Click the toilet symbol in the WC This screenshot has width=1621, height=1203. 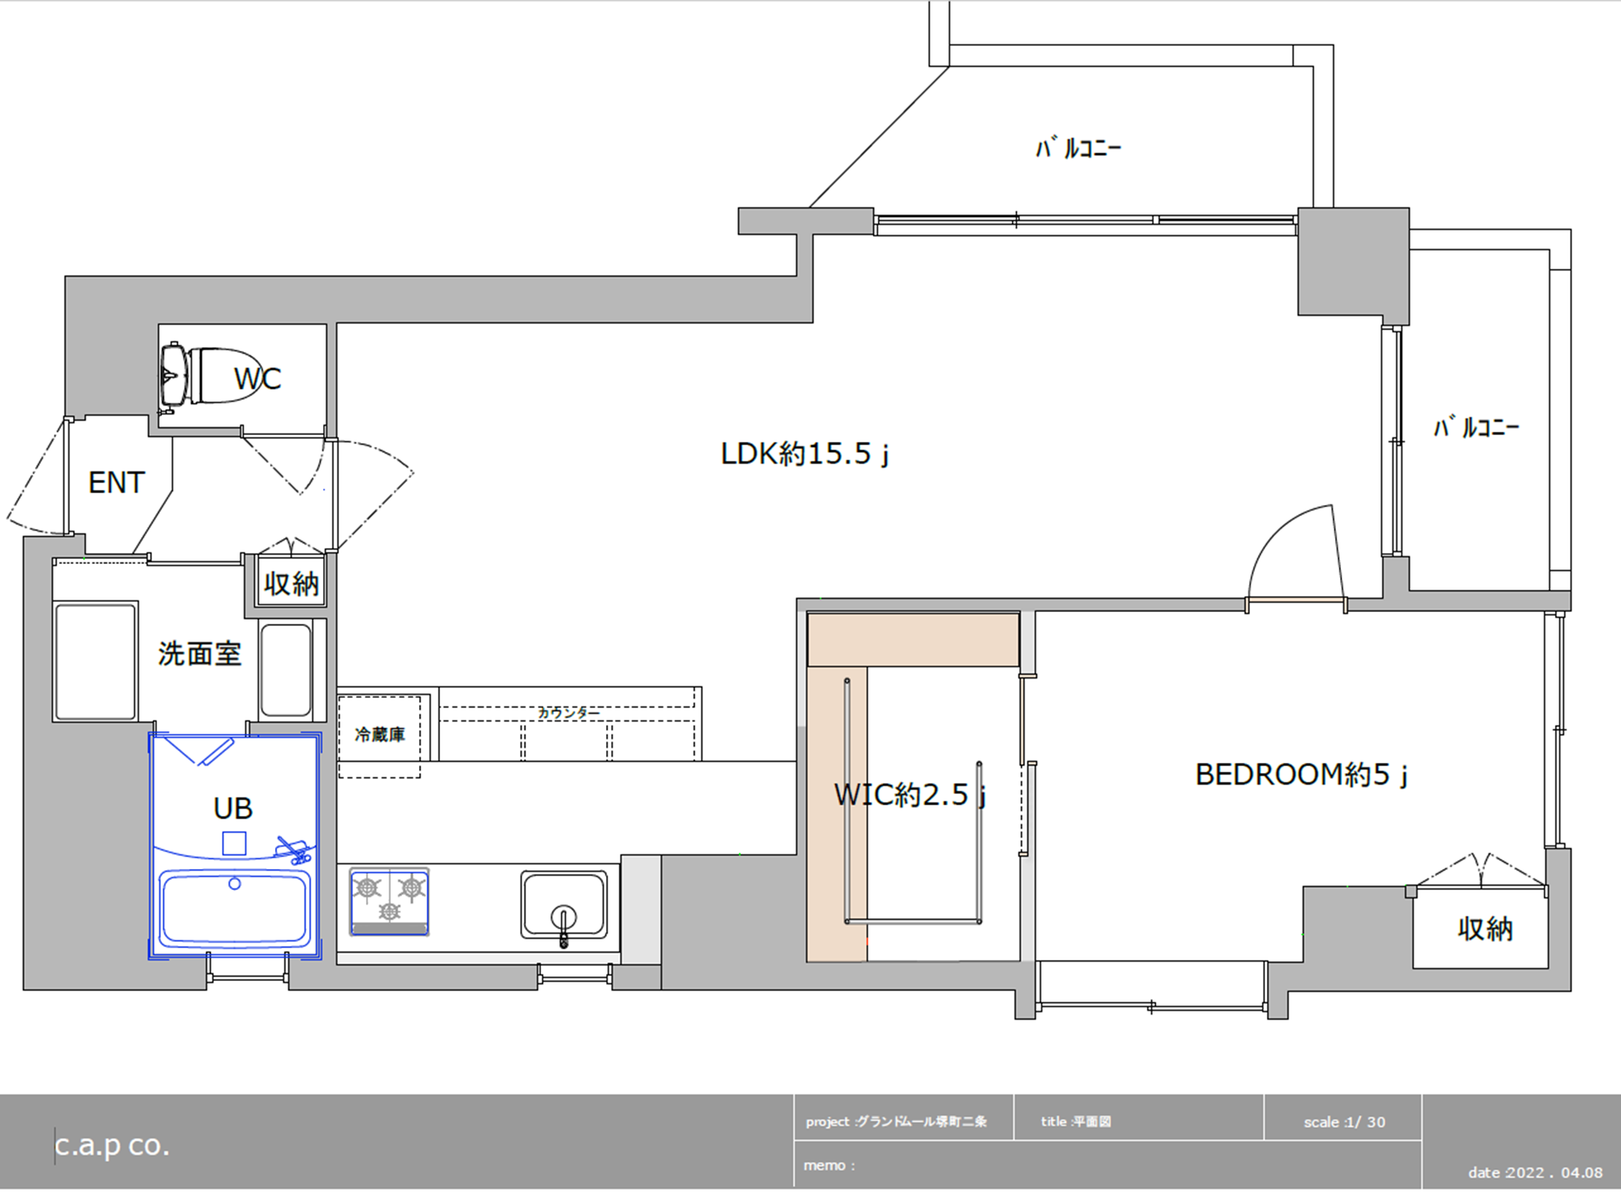coord(209,376)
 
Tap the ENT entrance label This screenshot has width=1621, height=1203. coord(117,483)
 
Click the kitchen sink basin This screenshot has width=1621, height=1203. coord(564,904)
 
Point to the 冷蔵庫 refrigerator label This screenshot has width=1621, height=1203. coord(380,735)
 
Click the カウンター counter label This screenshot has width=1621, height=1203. coord(569,713)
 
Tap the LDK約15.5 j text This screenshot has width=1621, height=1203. coord(805,454)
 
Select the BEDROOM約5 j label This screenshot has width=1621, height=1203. coord(1301,775)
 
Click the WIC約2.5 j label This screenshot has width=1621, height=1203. coord(910,795)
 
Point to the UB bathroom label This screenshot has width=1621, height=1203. coord(233,808)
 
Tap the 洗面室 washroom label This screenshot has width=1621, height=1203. coord(200,654)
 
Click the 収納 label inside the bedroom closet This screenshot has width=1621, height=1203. coord(1485,929)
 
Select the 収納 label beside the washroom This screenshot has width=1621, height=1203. coord(291,583)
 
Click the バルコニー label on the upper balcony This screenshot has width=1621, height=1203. coord(1079,148)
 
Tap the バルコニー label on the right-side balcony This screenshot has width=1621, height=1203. coord(1477,427)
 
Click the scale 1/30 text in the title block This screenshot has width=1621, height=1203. coord(1344,1122)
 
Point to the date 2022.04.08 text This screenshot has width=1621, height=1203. coord(1535,1172)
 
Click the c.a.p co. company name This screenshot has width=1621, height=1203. coord(112,1146)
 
